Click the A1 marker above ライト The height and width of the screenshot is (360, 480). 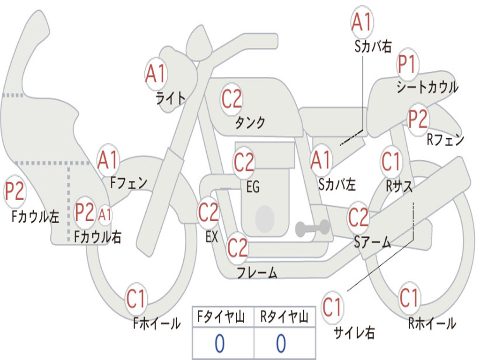pyautogui.click(x=156, y=74)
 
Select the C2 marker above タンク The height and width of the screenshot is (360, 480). pyautogui.click(x=232, y=99)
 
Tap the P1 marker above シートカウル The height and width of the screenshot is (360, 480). pyautogui.click(x=407, y=64)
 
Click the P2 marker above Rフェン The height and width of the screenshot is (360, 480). pyautogui.click(x=418, y=119)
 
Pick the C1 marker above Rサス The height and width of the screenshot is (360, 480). pyautogui.click(x=390, y=161)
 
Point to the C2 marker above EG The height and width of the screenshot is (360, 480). pyautogui.click(x=244, y=162)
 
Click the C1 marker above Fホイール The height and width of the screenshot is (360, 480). pyautogui.click(x=135, y=299)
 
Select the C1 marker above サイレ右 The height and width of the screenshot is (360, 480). pyautogui.click(x=332, y=307)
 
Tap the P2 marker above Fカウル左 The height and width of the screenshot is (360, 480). pyautogui.click(x=15, y=191)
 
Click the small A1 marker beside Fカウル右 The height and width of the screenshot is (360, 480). pyautogui.click(x=105, y=215)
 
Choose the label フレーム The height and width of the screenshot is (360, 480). pyautogui.click(x=257, y=272)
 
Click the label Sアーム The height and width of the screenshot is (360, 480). pyautogui.click(x=373, y=242)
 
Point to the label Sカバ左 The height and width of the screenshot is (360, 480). pyautogui.click(x=337, y=184)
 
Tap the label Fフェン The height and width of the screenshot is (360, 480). pyautogui.click(x=128, y=183)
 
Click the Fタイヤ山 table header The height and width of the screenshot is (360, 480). pyautogui.click(x=221, y=317)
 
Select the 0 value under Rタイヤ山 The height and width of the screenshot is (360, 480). pyautogui.click(x=281, y=343)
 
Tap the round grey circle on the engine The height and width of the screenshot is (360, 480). pyautogui.click(x=265, y=218)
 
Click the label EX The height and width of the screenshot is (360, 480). pyautogui.click(x=212, y=237)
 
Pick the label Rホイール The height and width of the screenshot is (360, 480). pyautogui.click(x=432, y=323)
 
